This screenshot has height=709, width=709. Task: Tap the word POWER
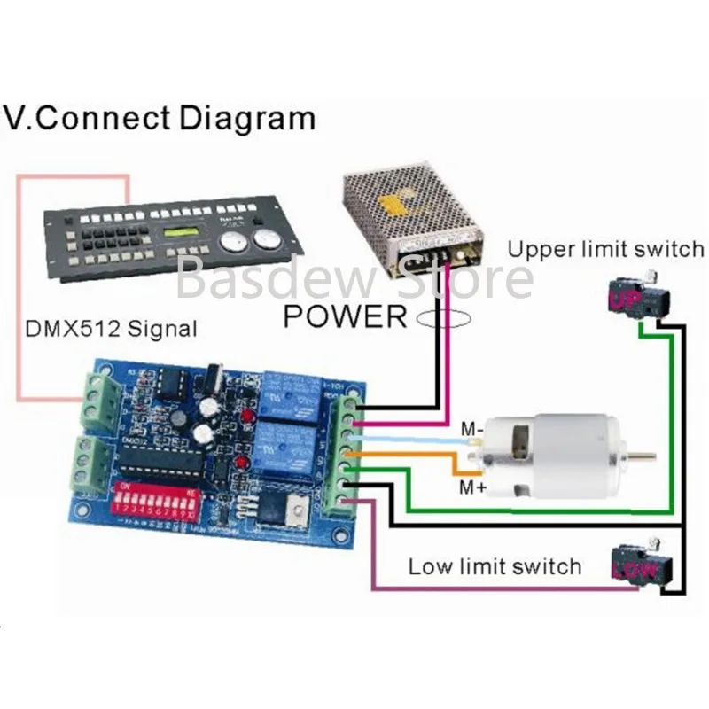click(x=345, y=316)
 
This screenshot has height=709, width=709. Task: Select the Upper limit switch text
click(x=605, y=250)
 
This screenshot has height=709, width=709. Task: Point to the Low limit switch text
click(x=495, y=566)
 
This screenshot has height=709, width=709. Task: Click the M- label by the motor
click(x=471, y=431)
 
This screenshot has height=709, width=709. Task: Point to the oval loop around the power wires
click(x=440, y=323)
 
